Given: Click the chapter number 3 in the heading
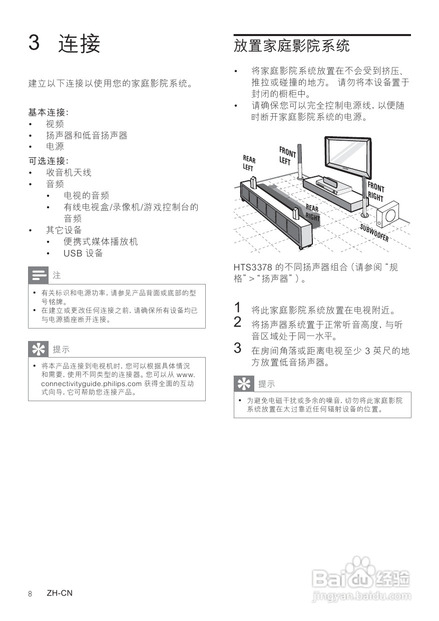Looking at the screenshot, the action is [34, 43].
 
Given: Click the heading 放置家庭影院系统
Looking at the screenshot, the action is [291, 46].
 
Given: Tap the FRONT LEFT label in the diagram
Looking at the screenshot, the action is [287, 155].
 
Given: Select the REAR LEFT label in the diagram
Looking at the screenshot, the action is [249, 163].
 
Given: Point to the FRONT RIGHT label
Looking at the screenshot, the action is [375, 192].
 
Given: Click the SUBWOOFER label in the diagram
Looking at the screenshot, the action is [374, 232].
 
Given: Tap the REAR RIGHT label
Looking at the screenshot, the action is [312, 212].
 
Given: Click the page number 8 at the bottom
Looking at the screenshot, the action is [31, 594].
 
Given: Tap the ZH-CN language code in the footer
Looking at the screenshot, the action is [60, 593].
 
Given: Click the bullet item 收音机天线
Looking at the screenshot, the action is [69, 173].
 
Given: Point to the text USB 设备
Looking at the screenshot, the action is [83, 253].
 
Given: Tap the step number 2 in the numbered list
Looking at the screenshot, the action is [238, 322].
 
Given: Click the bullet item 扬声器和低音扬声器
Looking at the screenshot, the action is [87, 136].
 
